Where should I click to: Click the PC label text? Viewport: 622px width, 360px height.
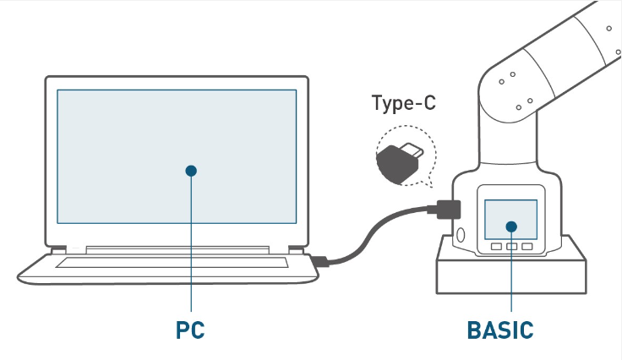pos(190,330)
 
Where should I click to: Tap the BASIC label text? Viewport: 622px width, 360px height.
pos(500,330)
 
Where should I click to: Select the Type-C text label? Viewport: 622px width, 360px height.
pos(403,103)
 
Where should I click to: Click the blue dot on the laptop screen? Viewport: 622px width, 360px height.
pos(191,171)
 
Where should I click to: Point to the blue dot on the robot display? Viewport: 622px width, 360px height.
pos(511,226)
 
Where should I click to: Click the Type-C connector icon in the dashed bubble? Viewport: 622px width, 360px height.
pos(400,162)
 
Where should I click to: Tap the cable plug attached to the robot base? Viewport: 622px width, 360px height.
pos(445,210)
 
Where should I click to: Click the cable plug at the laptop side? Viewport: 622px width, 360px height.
pos(319,261)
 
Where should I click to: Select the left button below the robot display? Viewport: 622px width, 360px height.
pos(496,247)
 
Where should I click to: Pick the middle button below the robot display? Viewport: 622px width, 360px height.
pos(512,247)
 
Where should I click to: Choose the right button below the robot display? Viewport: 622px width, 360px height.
pos(527,247)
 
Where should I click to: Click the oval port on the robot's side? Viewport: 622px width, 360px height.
pos(461,235)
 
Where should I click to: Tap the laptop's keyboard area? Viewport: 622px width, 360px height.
pos(172,263)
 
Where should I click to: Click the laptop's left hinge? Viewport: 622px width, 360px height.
pos(58,250)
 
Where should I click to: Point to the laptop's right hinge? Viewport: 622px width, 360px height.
pos(296,250)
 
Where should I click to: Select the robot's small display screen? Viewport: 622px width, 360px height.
pos(511,219)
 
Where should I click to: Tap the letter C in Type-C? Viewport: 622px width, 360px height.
pos(429,102)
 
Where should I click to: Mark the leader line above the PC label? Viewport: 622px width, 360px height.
pos(191,242)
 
